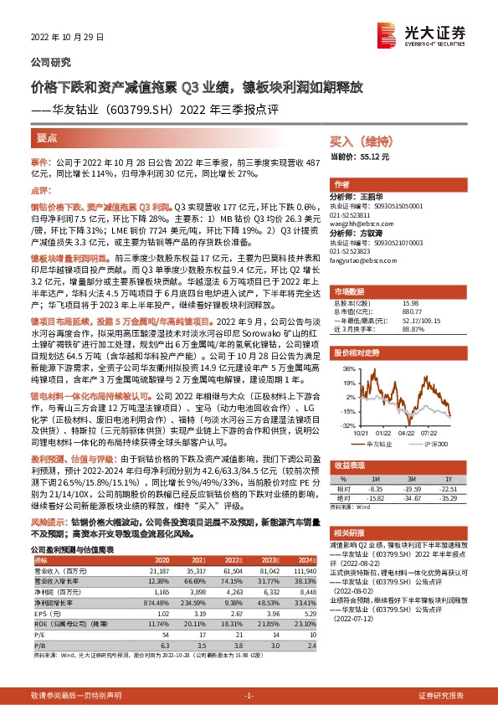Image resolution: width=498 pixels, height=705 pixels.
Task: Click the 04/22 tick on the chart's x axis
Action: (406, 434)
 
